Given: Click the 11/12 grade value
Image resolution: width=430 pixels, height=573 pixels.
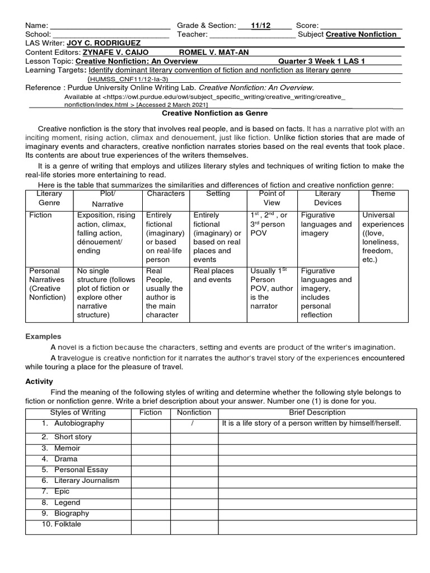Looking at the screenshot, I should (x=261, y=25).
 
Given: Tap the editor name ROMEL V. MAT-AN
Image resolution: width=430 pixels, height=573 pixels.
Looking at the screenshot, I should (x=214, y=52).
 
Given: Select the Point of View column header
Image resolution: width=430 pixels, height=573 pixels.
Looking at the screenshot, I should (x=272, y=198).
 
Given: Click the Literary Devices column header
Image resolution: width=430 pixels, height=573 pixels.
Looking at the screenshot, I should (x=328, y=198).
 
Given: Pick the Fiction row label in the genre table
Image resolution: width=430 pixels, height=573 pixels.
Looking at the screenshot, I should (x=40, y=215).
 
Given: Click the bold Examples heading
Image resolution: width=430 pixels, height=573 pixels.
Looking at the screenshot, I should (x=43, y=337).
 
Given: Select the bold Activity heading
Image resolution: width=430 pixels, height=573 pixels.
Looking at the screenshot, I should (x=39, y=381).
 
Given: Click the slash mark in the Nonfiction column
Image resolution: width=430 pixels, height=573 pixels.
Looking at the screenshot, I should (x=193, y=424).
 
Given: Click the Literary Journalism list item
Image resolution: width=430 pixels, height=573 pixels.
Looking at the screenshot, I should (x=86, y=481).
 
